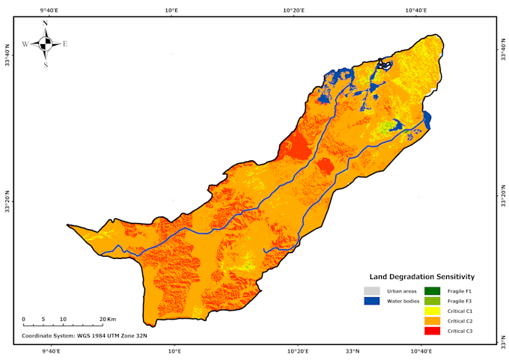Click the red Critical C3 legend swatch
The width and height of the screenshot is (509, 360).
tap(433, 331)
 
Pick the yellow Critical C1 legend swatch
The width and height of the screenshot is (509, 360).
tap(433, 311)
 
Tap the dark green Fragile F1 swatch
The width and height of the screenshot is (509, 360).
tap(433, 290)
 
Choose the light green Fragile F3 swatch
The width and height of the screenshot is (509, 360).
tap(433, 301)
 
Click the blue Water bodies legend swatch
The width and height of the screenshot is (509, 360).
tap(372, 301)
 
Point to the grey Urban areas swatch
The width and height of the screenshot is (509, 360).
tap(372, 290)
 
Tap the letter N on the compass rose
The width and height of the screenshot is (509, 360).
tap(46, 23)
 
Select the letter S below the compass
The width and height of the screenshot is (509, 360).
tap(46, 65)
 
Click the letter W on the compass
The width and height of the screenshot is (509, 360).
tap(25, 44)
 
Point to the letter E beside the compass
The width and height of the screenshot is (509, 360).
tap(65, 44)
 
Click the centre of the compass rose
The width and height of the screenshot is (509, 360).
tap(46, 44)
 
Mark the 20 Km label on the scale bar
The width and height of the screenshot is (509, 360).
tap(107, 320)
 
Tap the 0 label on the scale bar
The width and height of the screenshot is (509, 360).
tap(23, 320)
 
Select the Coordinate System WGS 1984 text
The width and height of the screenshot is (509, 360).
tap(84, 336)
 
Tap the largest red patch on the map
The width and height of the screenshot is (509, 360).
tap(298, 146)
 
